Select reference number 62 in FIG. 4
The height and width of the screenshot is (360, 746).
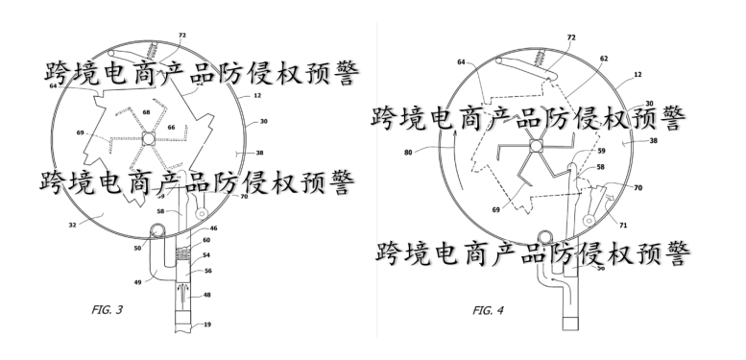[x=603, y=58]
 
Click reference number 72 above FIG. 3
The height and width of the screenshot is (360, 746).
[x=181, y=36]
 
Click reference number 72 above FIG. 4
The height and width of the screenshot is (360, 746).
[x=571, y=37]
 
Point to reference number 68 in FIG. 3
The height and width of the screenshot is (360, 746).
[x=147, y=113]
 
